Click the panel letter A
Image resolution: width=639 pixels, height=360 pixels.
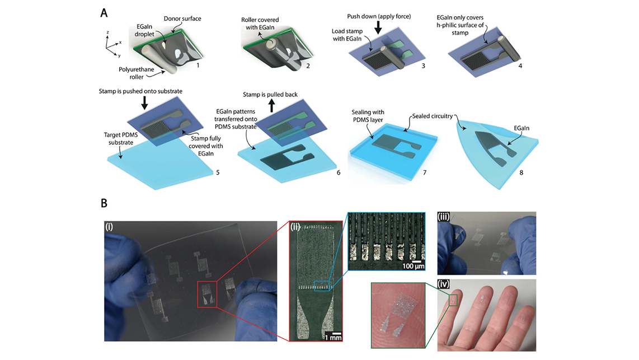pos(104,13)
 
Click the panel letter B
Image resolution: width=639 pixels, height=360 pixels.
pos(104,203)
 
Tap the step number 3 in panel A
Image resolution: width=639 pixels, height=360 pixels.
pos(424,66)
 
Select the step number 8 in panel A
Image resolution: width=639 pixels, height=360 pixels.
pos(521,172)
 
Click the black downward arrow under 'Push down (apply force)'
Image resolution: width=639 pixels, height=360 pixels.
pos(379,27)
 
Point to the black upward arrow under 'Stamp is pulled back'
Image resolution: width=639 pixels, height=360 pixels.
pos(272,106)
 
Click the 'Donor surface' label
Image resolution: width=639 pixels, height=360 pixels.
pos(182,18)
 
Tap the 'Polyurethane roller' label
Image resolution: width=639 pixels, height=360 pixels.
pos(137,73)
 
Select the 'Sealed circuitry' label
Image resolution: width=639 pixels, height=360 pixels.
pos(433,116)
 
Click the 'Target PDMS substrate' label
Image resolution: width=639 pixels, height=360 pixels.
pos(121,139)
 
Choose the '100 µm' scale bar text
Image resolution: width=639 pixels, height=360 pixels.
pos(414,267)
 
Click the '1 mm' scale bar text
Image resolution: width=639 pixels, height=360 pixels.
pos(333,337)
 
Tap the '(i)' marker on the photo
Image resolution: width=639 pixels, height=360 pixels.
pos(109,227)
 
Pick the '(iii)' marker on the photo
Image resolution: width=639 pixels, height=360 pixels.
pos(444,217)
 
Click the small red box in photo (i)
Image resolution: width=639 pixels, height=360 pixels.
pos(207,294)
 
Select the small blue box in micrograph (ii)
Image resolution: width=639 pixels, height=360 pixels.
pos(322,286)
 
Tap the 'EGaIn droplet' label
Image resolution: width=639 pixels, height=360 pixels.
pos(145,31)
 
